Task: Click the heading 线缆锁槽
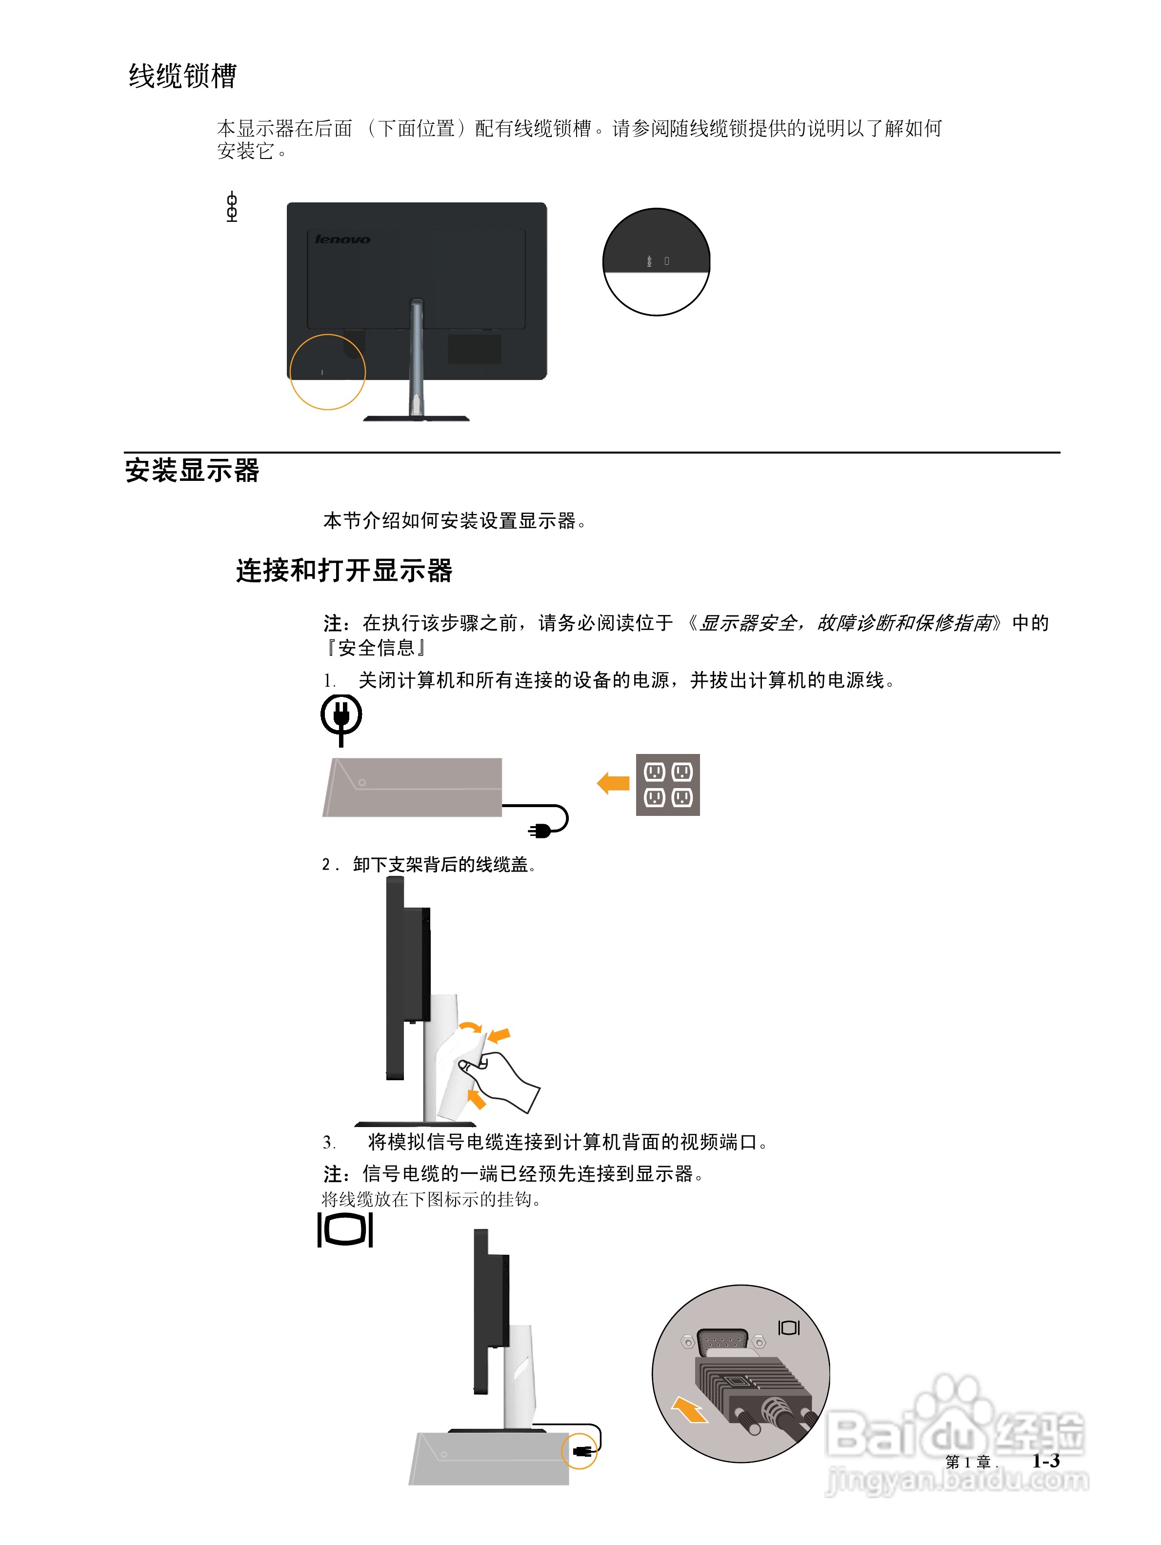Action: (182, 76)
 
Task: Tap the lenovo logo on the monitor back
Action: (342, 239)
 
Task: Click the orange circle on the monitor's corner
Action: (327, 372)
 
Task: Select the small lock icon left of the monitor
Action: (232, 207)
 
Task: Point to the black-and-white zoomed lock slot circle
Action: (656, 262)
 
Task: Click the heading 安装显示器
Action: (192, 471)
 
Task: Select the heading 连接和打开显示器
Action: (344, 571)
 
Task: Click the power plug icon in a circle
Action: (341, 717)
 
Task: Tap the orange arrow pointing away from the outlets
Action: (613, 783)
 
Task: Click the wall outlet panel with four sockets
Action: (667, 784)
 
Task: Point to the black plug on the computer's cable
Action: (540, 830)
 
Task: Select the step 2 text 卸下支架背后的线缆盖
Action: (440, 865)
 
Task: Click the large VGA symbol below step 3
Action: (345, 1229)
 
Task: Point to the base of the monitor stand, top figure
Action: (416, 418)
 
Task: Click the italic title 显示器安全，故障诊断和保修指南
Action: (845, 623)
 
